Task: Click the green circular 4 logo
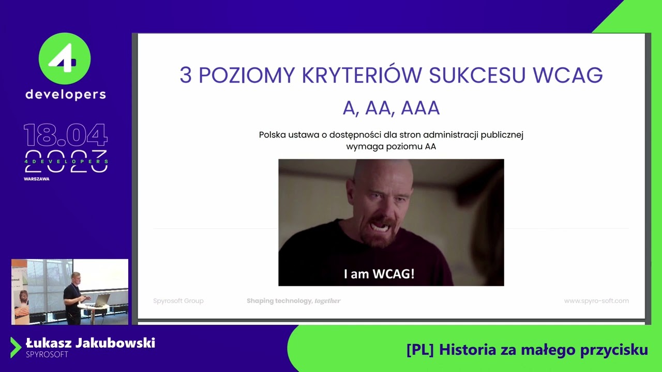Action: [65, 59]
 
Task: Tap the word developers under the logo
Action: [66, 95]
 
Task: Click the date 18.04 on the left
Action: [66, 135]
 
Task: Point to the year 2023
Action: [66, 161]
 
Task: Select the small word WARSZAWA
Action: [36, 179]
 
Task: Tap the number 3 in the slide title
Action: [185, 75]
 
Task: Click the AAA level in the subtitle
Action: [420, 109]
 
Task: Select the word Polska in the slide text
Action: [272, 135]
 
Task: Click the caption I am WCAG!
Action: [379, 274]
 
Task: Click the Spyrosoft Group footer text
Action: [178, 301]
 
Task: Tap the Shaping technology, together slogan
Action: [293, 301]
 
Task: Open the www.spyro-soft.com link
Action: [596, 301]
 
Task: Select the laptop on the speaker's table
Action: [101, 300]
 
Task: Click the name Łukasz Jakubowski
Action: [91, 343]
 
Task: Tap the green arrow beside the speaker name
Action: [16, 347]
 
